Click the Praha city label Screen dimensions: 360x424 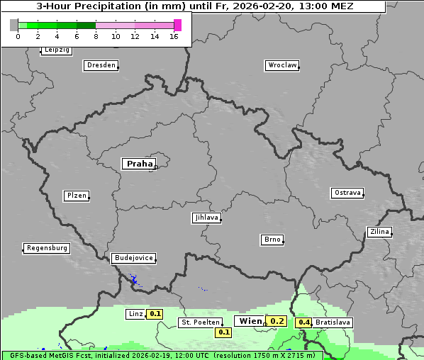coord(139,164)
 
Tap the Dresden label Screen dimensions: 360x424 coord(101,65)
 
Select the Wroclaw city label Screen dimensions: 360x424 coord(282,65)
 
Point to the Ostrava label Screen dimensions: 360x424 coord(347,193)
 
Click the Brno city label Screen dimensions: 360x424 coord(272,240)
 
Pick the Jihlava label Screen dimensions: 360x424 coord(206,218)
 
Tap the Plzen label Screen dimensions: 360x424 coord(77,196)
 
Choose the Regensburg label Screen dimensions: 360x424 coord(47,248)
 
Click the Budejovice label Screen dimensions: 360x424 coord(133,258)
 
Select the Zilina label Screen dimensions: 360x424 coord(379,232)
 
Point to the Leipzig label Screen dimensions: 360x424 coord(57,50)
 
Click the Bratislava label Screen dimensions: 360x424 coord(333,322)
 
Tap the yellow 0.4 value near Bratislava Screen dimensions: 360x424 coord(304,322)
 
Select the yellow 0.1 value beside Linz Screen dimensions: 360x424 coord(155,314)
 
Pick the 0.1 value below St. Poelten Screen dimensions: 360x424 coord(224,332)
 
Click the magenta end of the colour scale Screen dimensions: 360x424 coord(177,25)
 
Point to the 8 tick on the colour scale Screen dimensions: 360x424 coord(96,35)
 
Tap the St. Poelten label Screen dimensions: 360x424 coord(199,322)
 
